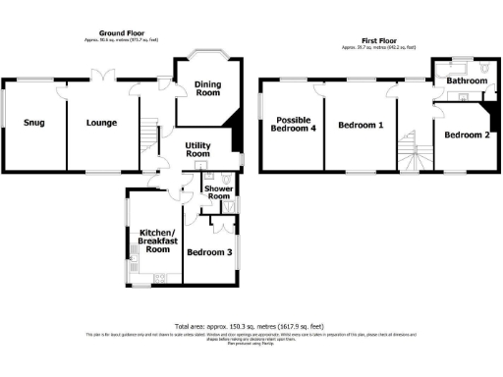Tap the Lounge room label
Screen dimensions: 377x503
(101, 123)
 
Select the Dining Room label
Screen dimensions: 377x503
(207, 88)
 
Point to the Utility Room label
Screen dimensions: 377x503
(198, 149)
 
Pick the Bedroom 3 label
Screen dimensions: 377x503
(208, 252)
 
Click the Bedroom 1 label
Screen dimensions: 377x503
(360, 126)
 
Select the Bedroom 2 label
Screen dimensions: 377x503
(466, 135)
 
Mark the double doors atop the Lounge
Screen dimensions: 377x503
(100, 77)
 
